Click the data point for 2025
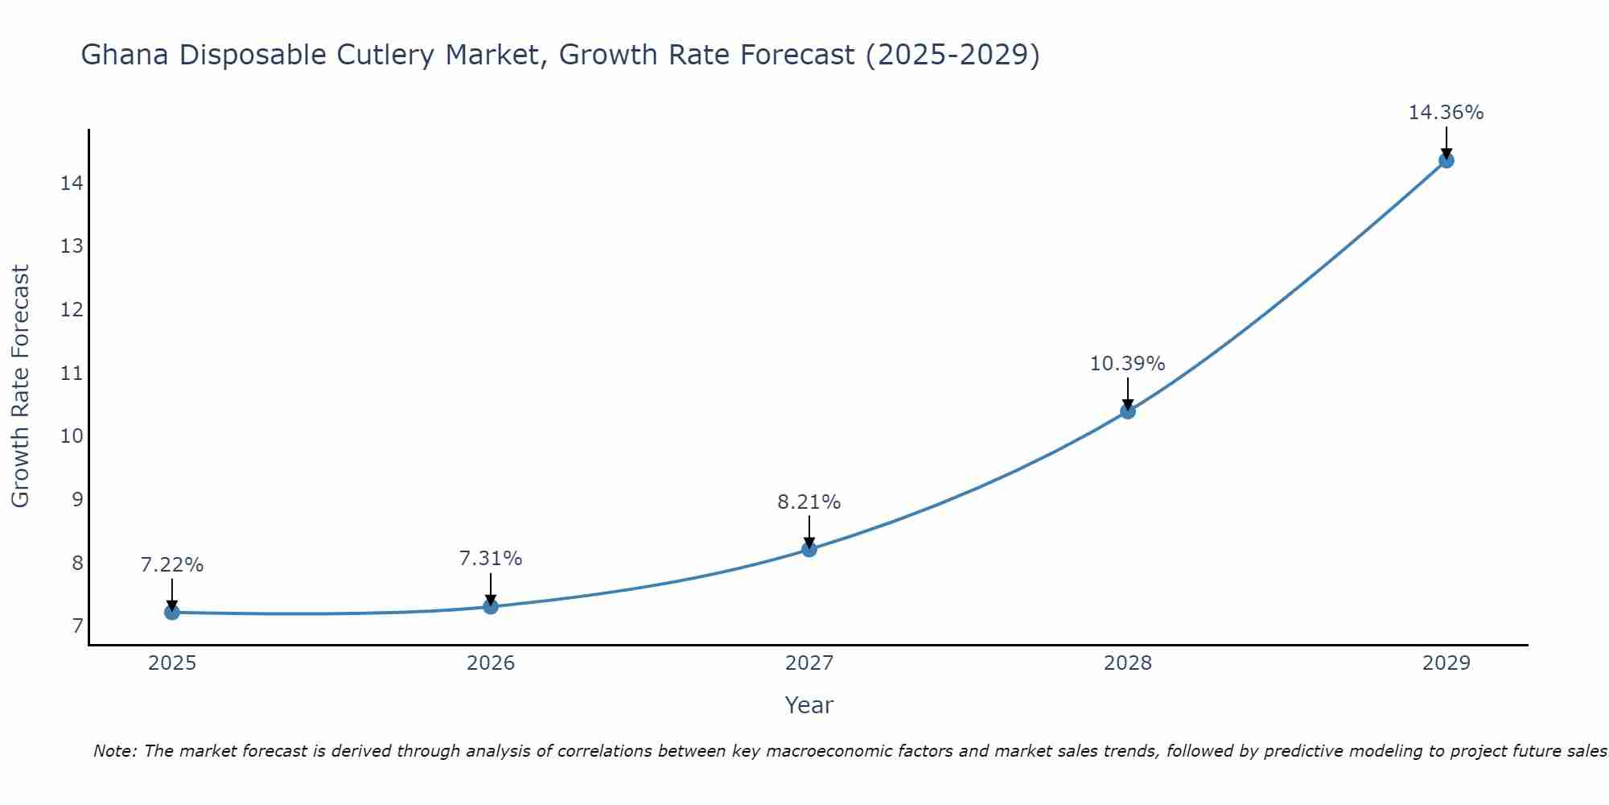tap(172, 613)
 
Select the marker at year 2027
tap(809, 550)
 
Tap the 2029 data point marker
tap(1446, 160)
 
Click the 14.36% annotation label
tap(1446, 113)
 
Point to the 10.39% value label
tap(1127, 364)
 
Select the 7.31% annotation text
tap(491, 559)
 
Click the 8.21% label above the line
tap(809, 502)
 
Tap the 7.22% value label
tap(172, 565)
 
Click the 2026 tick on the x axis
tap(491, 663)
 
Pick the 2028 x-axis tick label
tap(1127, 663)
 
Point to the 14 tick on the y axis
tap(72, 184)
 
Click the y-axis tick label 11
tap(72, 374)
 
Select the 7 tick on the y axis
tap(77, 626)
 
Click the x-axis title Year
tap(809, 705)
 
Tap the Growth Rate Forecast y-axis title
tap(20, 386)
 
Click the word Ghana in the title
tap(126, 56)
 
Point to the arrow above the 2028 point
tap(1127, 393)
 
